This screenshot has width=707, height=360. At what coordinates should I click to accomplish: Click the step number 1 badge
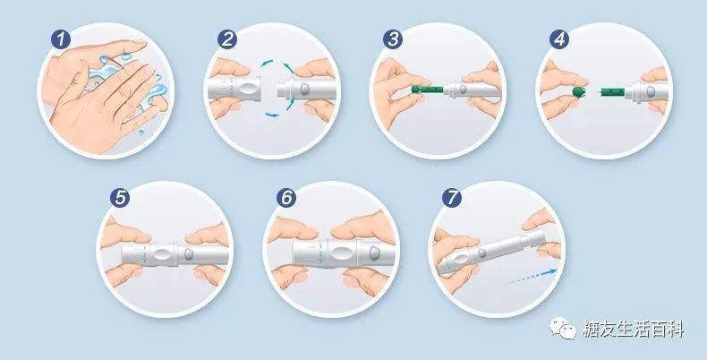tap(61, 39)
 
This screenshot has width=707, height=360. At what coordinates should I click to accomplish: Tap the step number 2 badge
tap(227, 39)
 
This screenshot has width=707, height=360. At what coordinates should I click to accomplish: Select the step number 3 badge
tap(393, 39)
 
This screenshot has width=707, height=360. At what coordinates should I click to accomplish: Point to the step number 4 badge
tap(559, 39)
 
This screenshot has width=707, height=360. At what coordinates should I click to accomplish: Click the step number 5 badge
tap(120, 198)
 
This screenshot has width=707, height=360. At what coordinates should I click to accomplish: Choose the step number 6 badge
tap(286, 198)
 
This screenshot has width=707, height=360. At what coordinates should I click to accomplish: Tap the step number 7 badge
tap(452, 198)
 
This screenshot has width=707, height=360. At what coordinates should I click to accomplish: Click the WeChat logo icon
tap(562, 327)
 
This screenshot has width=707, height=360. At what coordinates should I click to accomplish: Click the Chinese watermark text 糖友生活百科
tap(633, 329)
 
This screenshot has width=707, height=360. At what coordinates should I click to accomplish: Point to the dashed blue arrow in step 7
tap(530, 277)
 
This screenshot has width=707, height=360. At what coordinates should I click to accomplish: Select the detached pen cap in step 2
tap(234, 89)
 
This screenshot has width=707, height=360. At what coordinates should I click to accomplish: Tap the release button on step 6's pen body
tap(375, 253)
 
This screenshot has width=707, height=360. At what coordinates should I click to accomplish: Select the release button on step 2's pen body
tap(304, 88)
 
